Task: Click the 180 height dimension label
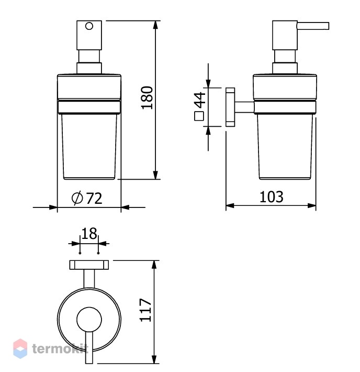pos(147,98)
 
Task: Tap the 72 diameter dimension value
pos(94,199)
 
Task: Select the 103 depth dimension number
pos(272,197)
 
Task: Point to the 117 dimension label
pos(145,310)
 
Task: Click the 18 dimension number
pos(89,234)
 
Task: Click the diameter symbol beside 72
pos(77,198)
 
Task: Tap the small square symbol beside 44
pos(199,116)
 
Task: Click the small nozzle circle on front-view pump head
pos(89,26)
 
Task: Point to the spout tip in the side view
pos(329,26)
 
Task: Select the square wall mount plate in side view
pos(230,107)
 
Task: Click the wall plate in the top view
pos(89,265)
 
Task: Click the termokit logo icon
pos(20,348)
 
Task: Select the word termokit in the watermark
pos(60,349)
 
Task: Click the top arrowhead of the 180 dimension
pos(155,25)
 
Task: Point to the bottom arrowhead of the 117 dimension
pos(154,359)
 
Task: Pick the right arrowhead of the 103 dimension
pos(312,206)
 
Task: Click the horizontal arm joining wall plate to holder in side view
pos(244,107)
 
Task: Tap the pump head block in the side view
pos(285,35)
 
